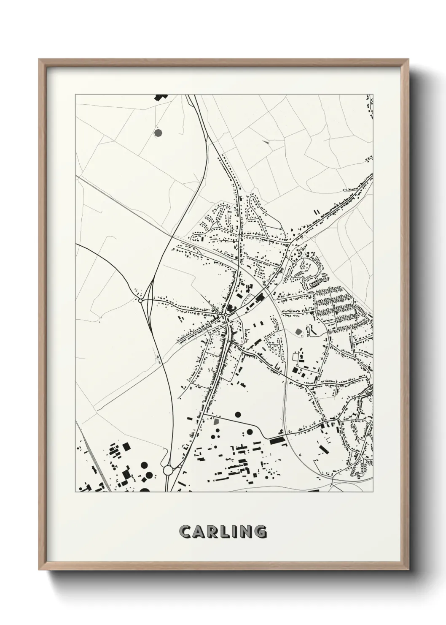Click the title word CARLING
pos(223,532)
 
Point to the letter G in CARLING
pos(260,532)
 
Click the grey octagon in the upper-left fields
pos(159,133)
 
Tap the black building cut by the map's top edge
pos(160,97)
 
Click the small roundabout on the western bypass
pos(140,300)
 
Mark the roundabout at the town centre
pos(226,315)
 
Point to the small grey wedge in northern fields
pos(266,142)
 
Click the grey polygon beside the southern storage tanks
pos(217,421)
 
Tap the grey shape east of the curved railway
pos(299,332)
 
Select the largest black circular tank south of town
pos(238,414)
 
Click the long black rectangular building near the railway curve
pos(277,441)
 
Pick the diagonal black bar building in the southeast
pos(323,448)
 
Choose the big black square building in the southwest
pos(126,446)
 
